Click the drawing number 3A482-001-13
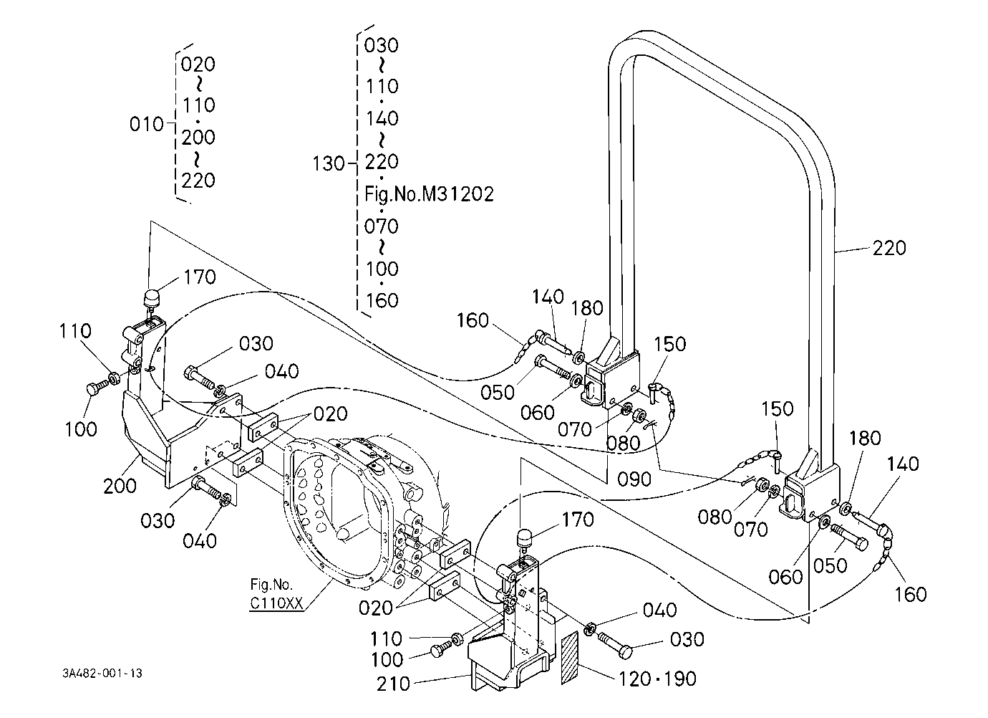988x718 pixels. [x=102, y=673]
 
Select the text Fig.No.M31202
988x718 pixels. [x=429, y=194]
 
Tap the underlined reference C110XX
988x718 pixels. [x=276, y=603]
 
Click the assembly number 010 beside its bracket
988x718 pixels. [x=147, y=124]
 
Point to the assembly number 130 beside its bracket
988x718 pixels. [x=329, y=163]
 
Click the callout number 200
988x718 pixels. [x=120, y=486]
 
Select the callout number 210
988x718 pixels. [x=394, y=684]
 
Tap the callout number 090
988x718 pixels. [x=634, y=479]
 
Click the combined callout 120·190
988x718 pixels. [x=658, y=679]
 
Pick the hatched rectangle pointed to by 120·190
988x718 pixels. [x=569, y=658]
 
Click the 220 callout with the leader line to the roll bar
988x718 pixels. [x=889, y=248]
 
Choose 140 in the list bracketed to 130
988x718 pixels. [x=382, y=118]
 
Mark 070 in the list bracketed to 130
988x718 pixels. [x=381, y=226]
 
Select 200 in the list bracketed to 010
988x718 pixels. [x=198, y=138]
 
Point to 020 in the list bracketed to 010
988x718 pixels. [x=198, y=64]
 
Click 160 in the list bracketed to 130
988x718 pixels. [x=382, y=300]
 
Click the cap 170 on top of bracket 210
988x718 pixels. [x=524, y=538]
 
